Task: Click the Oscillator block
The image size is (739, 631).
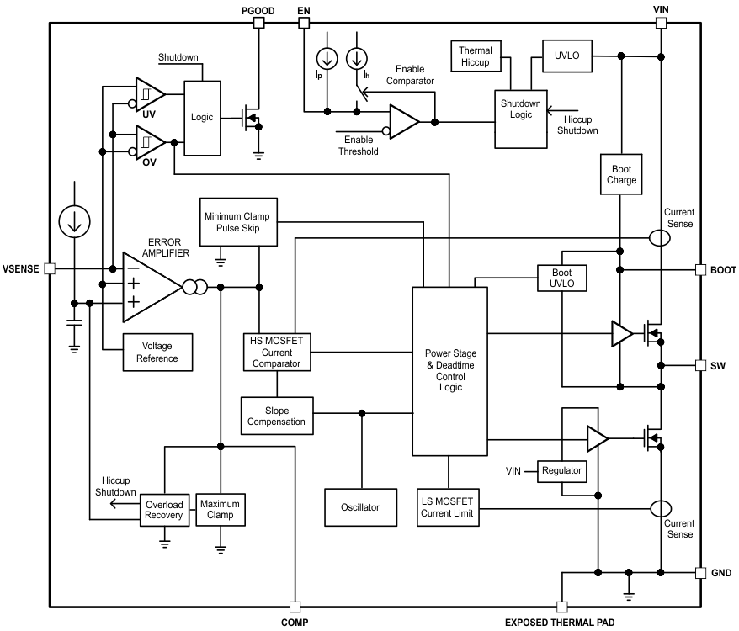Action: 361,506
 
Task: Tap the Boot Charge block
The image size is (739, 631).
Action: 622,174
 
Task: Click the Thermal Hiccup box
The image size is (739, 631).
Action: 476,56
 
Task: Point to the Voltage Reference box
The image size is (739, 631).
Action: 158,352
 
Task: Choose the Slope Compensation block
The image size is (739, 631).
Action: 276,415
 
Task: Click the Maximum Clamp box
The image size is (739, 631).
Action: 220,510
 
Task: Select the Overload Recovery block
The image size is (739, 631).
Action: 165,510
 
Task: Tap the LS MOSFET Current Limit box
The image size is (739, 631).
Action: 448,507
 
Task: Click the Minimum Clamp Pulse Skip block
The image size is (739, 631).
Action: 238,222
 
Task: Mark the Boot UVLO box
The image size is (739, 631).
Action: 561,278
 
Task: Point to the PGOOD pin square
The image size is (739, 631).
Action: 259,23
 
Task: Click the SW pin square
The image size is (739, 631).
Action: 700,366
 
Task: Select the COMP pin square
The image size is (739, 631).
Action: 295,607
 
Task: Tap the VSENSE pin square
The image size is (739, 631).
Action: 50,268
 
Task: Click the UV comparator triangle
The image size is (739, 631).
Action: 149,94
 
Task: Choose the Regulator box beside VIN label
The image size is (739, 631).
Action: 561,470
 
